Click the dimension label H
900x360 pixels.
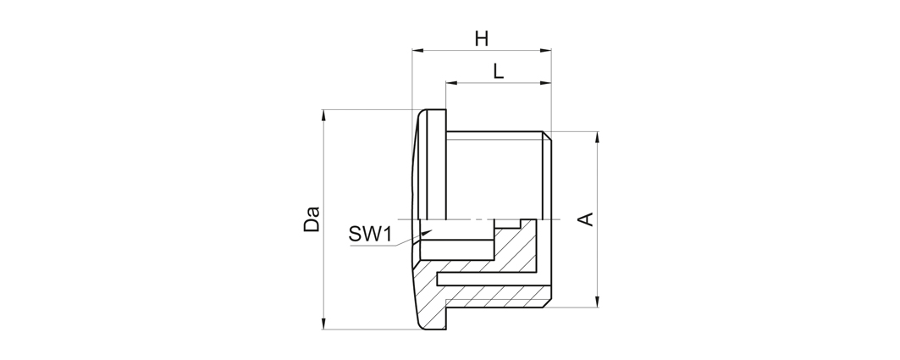click(x=482, y=39)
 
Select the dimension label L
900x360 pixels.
click(x=498, y=72)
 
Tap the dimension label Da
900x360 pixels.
click(x=311, y=219)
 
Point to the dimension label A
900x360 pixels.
click(x=586, y=219)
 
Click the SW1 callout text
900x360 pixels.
click(x=370, y=234)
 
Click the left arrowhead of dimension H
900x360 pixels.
click(x=417, y=51)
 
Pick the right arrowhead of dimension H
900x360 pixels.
click(x=546, y=51)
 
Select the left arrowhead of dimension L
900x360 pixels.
click(x=451, y=83)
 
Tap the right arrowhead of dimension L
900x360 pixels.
click(x=546, y=83)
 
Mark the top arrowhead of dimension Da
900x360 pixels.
click(x=323, y=115)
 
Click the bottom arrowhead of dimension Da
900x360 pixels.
click(x=323, y=324)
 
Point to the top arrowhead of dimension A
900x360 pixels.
click(x=598, y=137)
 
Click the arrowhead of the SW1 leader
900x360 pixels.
click(x=426, y=233)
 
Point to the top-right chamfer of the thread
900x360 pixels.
click(x=547, y=136)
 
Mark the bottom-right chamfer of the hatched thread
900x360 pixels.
click(x=547, y=302)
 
